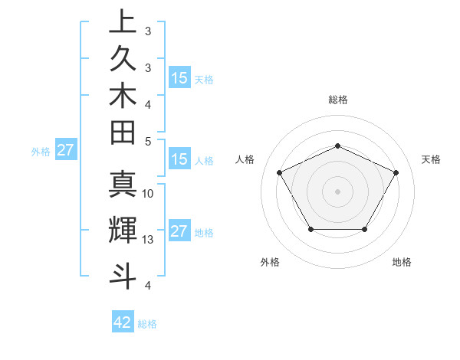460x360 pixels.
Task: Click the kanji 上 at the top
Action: tap(123, 21)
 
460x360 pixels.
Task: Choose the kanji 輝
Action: tap(123, 231)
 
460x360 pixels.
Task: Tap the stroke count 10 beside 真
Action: tap(148, 194)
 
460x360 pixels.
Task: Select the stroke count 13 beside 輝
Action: tap(148, 240)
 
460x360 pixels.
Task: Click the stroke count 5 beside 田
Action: tap(148, 142)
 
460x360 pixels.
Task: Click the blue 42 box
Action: tap(123, 322)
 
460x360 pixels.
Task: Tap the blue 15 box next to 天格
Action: tap(179, 77)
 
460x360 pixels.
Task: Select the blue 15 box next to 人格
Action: tap(179, 159)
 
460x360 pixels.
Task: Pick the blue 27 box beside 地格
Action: tap(179, 232)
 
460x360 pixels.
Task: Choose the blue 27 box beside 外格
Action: tap(65, 150)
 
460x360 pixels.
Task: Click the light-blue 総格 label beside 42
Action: tap(147, 324)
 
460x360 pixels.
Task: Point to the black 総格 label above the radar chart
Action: tap(338, 100)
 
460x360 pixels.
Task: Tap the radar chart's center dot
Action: tap(337, 191)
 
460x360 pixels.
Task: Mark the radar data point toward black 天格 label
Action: tap(396, 172)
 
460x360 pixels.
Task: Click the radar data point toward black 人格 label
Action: tap(279, 172)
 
